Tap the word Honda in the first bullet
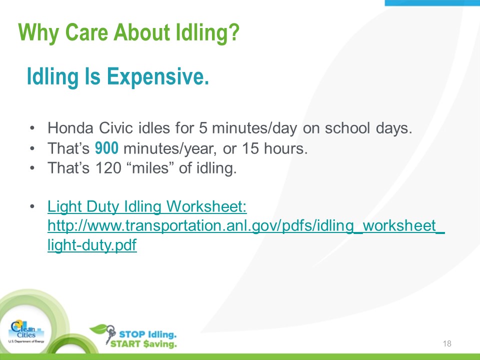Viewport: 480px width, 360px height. pyautogui.click(x=70, y=127)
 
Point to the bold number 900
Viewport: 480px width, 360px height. pyautogui.click(x=106, y=148)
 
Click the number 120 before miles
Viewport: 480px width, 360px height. pyautogui.click(x=108, y=168)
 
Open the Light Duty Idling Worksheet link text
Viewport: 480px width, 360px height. pyautogui.click(x=147, y=206)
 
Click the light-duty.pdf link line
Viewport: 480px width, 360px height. pyautogui.click(x=92, y=245)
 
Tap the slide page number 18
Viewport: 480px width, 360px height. pyautogui.click(x=447, y=343)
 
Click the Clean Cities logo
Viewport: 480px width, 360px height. pyautogui.click(x=26, y=332)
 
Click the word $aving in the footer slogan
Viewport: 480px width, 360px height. pyautogui.click(x=160, y=344)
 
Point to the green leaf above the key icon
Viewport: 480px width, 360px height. pyautogui.click(x=98, y=329)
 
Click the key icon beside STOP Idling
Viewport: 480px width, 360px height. pyautogui.click(x=110, y=334)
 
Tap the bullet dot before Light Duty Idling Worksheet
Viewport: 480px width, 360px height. pyautogui.click(x=32, y=206)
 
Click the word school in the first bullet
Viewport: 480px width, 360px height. pyautogui.click(x=347, y=127)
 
